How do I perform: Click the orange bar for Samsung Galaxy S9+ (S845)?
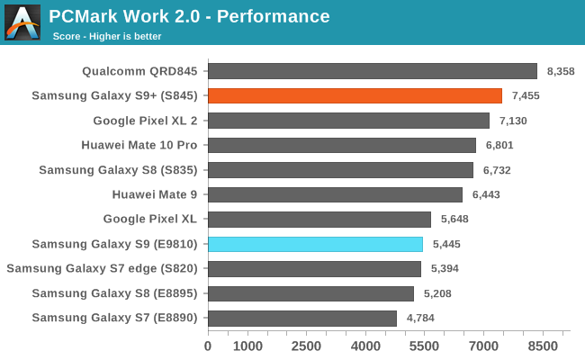tap(355, 95)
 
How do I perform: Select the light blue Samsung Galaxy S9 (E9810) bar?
tap(315, 244)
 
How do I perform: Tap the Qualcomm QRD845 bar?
tap(373, 71)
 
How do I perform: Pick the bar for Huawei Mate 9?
tap(335, 194)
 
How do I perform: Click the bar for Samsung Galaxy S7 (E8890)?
tap(302, 318)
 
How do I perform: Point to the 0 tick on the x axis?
tap(208, 346)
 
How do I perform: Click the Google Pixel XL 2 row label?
tap(146, 121)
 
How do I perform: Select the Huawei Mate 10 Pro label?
tap(139, 145)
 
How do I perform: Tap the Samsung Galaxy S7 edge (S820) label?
tap(103, 268)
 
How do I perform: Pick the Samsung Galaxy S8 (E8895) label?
tap(114, 293)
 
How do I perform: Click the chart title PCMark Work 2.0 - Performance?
tap(190, 16)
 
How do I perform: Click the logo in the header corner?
tap(22, 22)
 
